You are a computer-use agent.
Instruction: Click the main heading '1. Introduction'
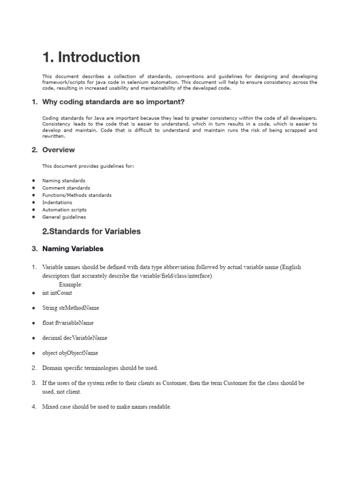pos(91,57)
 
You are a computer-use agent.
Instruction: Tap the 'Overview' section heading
pos(58,150)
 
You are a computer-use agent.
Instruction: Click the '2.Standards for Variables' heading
pos(91,232)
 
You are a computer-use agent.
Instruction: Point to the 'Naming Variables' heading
pos(73,249)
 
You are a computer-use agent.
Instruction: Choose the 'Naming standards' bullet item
pos(64,180)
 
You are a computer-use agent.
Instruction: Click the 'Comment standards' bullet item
pos(66,188)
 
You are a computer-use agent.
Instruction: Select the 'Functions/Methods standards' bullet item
pos(77,195)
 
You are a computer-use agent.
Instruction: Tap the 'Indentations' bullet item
pos(57,202)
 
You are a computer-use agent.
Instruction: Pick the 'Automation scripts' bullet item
pos(64,210)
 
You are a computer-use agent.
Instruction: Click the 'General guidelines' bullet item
pos(64,217)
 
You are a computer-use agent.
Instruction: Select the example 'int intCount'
pos(57,293)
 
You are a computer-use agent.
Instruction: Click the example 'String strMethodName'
pos(70,308)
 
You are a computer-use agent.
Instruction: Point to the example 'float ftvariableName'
pos(67,323)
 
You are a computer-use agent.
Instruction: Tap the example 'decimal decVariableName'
pos(75,338)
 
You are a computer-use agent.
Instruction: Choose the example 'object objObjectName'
pos(70,353)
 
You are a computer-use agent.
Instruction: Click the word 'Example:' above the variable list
pos(71,285)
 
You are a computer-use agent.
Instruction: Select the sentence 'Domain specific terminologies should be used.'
pos(100,368)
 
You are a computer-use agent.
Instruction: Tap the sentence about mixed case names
pos(106,407)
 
